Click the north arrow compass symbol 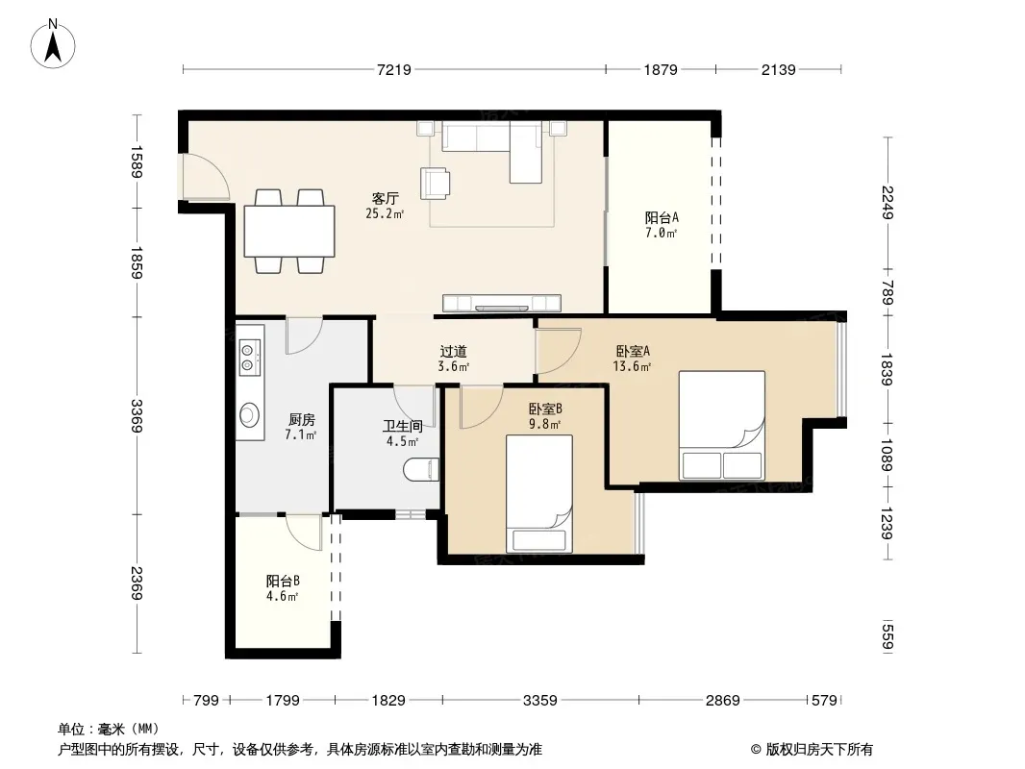coord(53,44)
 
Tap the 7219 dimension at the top coord(394,69)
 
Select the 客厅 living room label coord(385,198)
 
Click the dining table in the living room coord(289,232)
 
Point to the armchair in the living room coord(436,183)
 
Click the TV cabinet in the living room coord(501,303)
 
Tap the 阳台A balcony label coord(662,217)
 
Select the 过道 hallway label coord(453,352)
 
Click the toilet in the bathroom coord(420,470)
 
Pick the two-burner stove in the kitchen coord(249,358)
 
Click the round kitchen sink coord(249,414)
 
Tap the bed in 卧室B coord(539,493)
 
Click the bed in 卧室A coord(722,425)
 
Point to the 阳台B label coord(283,581)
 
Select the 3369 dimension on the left coord(137,415)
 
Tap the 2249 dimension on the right coord(887,203)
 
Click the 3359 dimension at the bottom coord(540,701)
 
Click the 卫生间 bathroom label coord(403,426)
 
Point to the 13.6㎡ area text coord(632,366)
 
